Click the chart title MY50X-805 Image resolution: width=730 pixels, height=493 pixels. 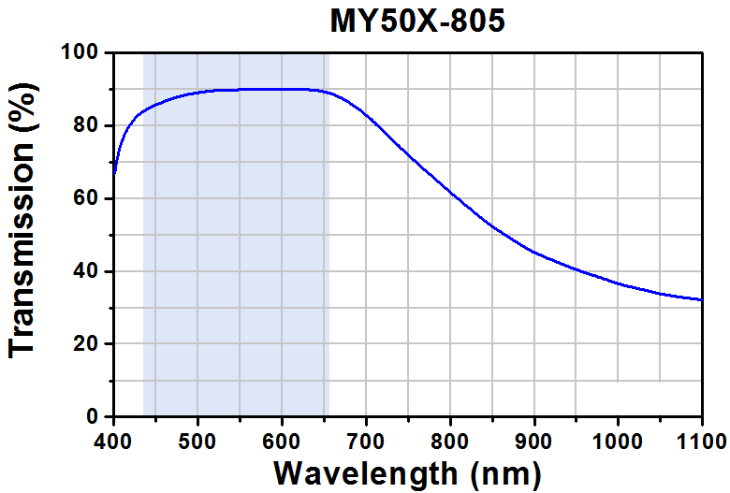(417, 22)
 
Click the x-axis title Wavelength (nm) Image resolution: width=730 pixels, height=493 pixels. (407, 474)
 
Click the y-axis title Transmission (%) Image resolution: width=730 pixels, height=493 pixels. (22, 221)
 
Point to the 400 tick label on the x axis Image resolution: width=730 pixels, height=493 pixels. (113, 441)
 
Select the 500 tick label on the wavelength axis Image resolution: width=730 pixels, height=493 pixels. (197, 441)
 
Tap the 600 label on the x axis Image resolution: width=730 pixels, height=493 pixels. (282, 441)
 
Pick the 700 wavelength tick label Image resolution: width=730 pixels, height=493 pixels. (366, 441)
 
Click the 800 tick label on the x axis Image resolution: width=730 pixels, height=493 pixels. (450, 441)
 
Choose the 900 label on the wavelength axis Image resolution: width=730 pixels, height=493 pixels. (534, 441)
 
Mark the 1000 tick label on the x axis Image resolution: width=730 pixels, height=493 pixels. (618, 441)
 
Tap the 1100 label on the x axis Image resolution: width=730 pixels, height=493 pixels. (702, 441)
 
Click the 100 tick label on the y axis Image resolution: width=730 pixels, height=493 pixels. (80, 52)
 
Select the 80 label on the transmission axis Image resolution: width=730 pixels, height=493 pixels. (86, 125)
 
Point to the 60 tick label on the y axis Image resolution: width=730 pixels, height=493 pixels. (86, 198)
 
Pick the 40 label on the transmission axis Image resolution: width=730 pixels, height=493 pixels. (86, 271)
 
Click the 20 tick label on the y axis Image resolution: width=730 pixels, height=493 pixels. (86, 343)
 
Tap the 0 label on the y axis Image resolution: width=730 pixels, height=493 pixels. (93, 416)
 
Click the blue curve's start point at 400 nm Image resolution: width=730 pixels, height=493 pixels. (114, 173)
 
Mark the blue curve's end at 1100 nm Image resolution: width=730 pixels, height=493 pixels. (702, 299)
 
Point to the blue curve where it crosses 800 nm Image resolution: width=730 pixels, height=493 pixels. (450, 192)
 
